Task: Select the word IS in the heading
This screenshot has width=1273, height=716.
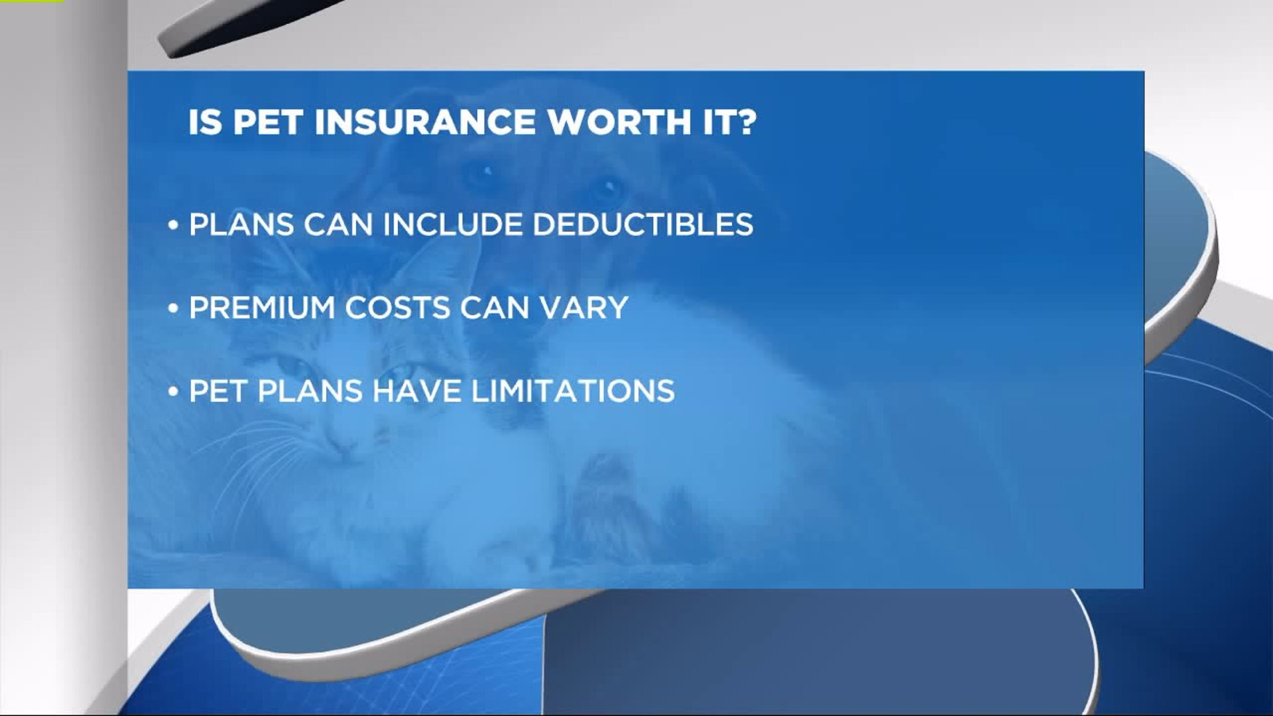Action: tap(205, 123)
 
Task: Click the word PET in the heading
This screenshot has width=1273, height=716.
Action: tap(267, 123)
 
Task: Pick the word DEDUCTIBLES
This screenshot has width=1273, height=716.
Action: tap(642, 225)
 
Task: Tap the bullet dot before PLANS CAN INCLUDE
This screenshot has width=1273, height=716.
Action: tap(174, 225)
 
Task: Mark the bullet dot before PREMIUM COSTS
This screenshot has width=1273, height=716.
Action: tap(174, 308)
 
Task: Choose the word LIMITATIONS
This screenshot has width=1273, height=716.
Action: tap(573, 390)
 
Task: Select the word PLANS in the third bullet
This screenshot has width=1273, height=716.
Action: tap(309, 390)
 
